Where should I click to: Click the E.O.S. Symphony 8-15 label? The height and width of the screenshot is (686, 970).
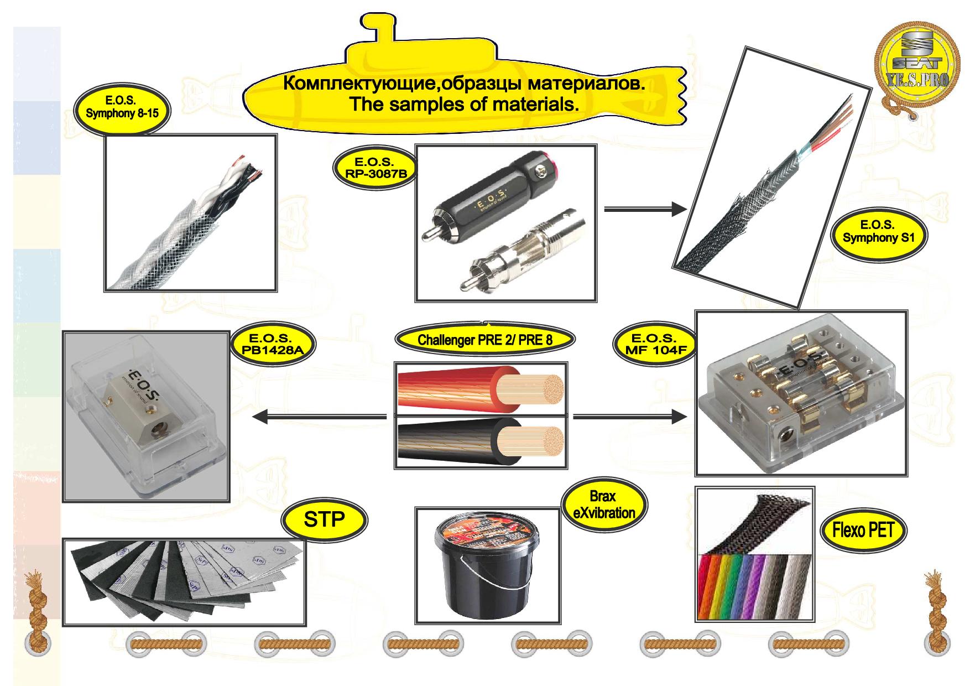tap(122, 107)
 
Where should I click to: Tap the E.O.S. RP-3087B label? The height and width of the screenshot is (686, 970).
tap(374, 168)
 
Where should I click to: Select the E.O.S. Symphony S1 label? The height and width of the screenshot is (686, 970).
tap(878, 232)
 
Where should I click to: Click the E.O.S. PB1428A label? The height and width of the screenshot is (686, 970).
tap(269, 344)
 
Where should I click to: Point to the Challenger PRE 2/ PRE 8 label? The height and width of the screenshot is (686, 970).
tap(484, 340)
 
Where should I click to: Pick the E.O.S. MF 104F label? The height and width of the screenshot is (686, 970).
tap(654, 344)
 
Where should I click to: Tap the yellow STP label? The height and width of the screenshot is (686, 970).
tap(324, 519)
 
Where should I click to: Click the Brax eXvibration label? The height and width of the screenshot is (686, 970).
tap(604, 505)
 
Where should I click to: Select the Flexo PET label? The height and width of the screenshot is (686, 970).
tap(863, 530)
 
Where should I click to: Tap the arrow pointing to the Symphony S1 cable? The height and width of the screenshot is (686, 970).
tap(645, 209)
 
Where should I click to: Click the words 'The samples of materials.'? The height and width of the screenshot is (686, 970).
tap(464, 104)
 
